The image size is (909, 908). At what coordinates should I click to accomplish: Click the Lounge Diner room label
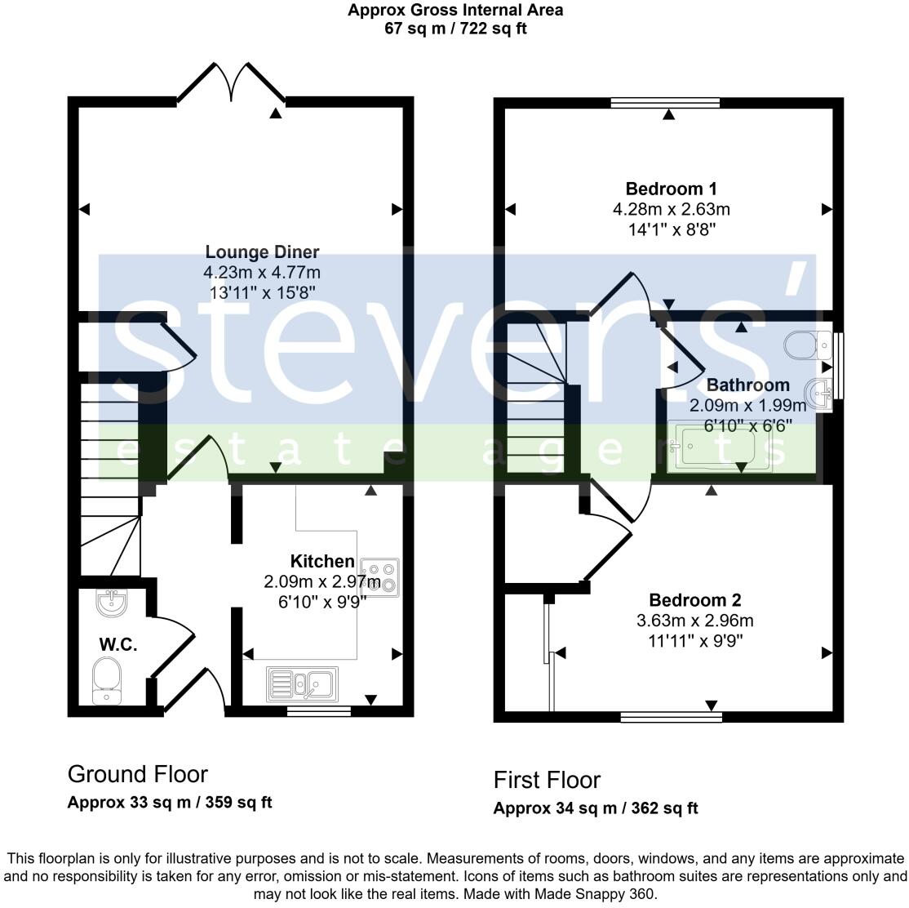click(262, 251)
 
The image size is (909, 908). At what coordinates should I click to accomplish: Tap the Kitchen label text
click(322, 562)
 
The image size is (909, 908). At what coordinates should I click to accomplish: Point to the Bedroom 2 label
click(694, 600)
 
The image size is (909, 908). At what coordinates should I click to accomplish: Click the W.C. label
click(118, 644)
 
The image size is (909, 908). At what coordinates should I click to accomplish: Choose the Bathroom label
click(747, 385)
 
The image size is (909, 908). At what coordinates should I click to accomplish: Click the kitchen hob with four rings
click(380, 576)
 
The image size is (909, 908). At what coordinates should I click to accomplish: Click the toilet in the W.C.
click(107, 681)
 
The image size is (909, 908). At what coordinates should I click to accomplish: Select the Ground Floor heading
click(137, 773)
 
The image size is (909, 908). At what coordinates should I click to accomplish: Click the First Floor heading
click(547, 780)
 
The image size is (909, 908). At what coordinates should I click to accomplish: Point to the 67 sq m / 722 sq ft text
click(454, 29)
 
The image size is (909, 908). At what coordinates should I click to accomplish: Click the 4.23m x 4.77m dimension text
click(262, 272)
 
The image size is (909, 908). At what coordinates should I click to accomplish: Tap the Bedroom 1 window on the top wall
click(665, 103)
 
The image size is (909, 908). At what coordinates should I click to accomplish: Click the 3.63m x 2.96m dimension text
click(694, 621)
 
